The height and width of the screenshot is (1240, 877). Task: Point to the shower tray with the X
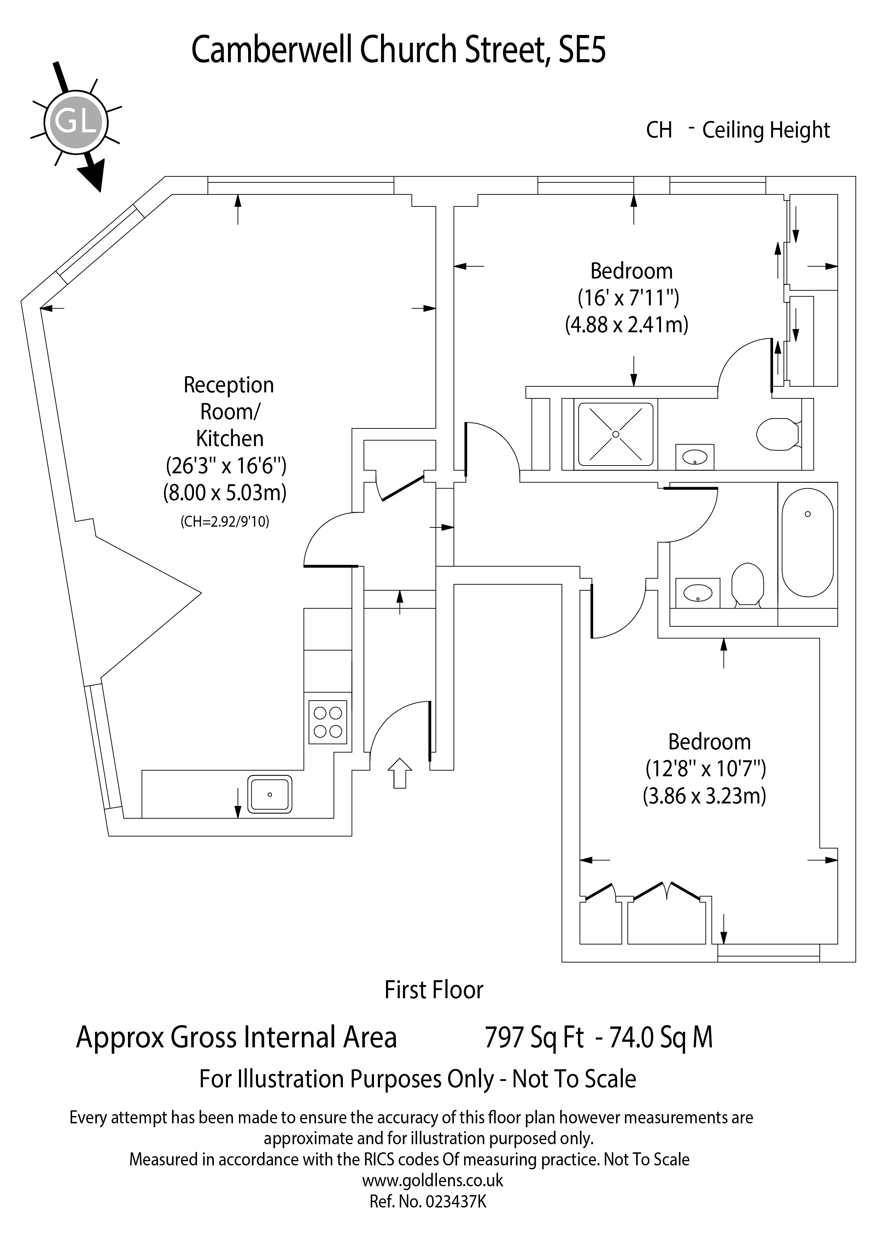616,434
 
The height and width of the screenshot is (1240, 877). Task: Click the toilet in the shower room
778,434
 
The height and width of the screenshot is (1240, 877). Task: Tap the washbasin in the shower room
695,457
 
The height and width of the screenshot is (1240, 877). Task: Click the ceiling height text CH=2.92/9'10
225,522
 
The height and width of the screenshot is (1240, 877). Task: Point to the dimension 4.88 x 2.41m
626,325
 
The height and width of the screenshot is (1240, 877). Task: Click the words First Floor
434,990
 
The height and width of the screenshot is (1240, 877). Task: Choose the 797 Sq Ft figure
534,1038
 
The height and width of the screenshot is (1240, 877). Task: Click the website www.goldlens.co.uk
433,1181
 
